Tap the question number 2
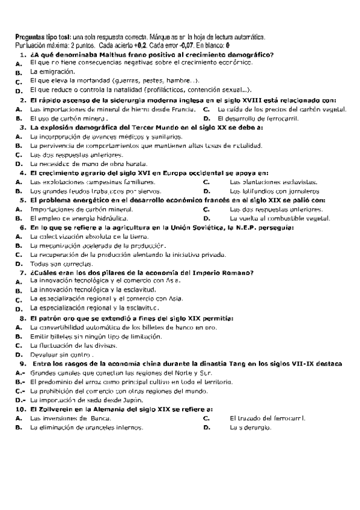point(23,100)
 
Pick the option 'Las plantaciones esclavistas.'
point(274,182)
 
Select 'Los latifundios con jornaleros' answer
point(275,191)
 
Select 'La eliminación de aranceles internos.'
point(87,427)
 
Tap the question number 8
point(23,318)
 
